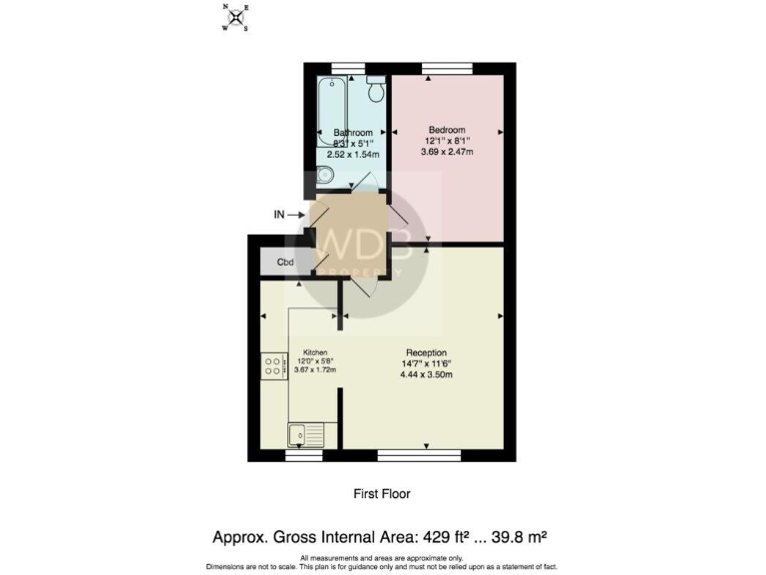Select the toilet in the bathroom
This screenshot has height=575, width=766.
click(376, 90)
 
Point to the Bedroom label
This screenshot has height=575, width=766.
click(446, 130)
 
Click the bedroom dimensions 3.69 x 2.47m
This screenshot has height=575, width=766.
click(446, 153)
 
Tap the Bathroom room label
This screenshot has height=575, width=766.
click(353, 133)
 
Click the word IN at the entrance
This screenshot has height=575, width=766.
click(280, 214)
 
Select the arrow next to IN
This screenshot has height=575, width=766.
click(300, 214)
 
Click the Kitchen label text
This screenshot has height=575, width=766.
click(315, 351)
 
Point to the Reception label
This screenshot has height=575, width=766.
click(425, 351)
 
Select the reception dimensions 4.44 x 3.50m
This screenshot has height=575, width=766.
click(425, 374)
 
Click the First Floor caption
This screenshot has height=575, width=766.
click(382, 493)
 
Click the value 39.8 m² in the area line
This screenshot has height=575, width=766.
click(522, 537)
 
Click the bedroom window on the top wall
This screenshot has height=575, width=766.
click(446, 68)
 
